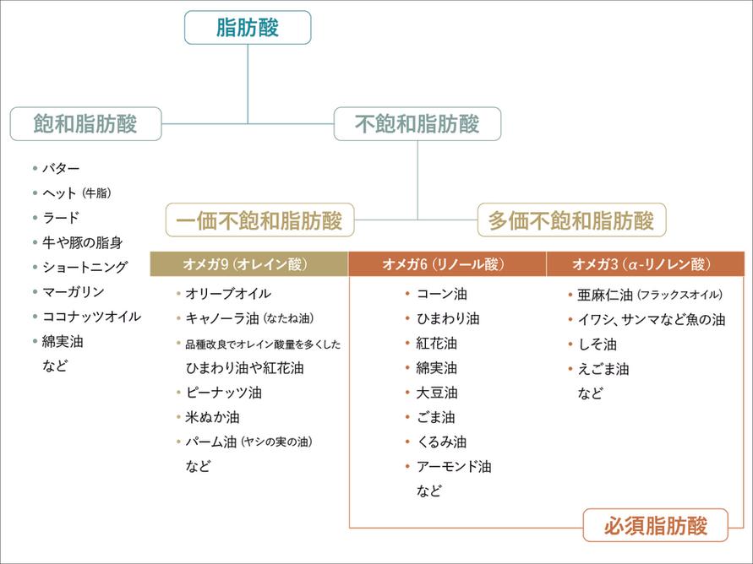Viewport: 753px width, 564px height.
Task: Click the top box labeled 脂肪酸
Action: click(x=248, y=27)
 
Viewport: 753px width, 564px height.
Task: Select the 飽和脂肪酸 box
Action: click(x=85, y=124)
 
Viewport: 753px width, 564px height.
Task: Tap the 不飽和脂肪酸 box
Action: click(x=417, y=124)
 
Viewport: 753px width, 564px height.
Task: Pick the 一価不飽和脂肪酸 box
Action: click(x=259, y=220)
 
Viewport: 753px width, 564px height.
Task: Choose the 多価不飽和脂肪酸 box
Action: click(x=571, y=220)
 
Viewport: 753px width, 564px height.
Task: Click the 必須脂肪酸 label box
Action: click(x=655, y=526)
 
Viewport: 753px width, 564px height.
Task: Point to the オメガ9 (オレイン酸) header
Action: click(x=248, y=264)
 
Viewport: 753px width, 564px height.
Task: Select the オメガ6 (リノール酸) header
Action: click(x=446, y=264)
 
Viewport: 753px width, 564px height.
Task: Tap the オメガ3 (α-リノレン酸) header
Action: click(x=644, y=264)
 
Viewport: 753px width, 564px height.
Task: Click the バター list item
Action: click(x=61, y=169)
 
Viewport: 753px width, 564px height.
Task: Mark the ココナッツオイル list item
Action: click(x=91, y=317)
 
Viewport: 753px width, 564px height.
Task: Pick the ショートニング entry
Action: click(x=85, y=267)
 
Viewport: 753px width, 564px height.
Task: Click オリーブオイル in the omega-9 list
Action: click(x=228, y=294)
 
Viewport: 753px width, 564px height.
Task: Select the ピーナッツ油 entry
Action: click(x=223, y=393)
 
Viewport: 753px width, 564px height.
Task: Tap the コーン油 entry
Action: click(x=441, y=295)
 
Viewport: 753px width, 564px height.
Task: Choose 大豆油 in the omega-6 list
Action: click(x=436, y=393)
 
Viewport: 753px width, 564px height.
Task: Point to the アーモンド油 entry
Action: click(x=453, y=466)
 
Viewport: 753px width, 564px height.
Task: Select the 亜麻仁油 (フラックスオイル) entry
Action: click(x=649, y=295)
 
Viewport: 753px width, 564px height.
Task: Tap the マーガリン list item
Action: click(x=73, y=292)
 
